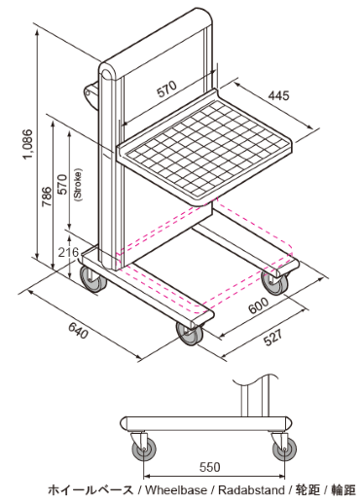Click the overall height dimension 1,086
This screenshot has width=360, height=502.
click(28, 144)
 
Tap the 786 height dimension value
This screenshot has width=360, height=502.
click(47, 197)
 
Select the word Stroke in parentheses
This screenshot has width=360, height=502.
click(78, 185)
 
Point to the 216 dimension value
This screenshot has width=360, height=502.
click(68, 252)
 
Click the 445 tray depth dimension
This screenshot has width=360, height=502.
click(278, 95)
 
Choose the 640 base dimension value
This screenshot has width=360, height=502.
click(78, 331)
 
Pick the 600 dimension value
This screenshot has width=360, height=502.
click(259, 305)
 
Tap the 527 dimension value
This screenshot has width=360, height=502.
click(272, 338)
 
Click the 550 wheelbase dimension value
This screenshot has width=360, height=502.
click(210, 467)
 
